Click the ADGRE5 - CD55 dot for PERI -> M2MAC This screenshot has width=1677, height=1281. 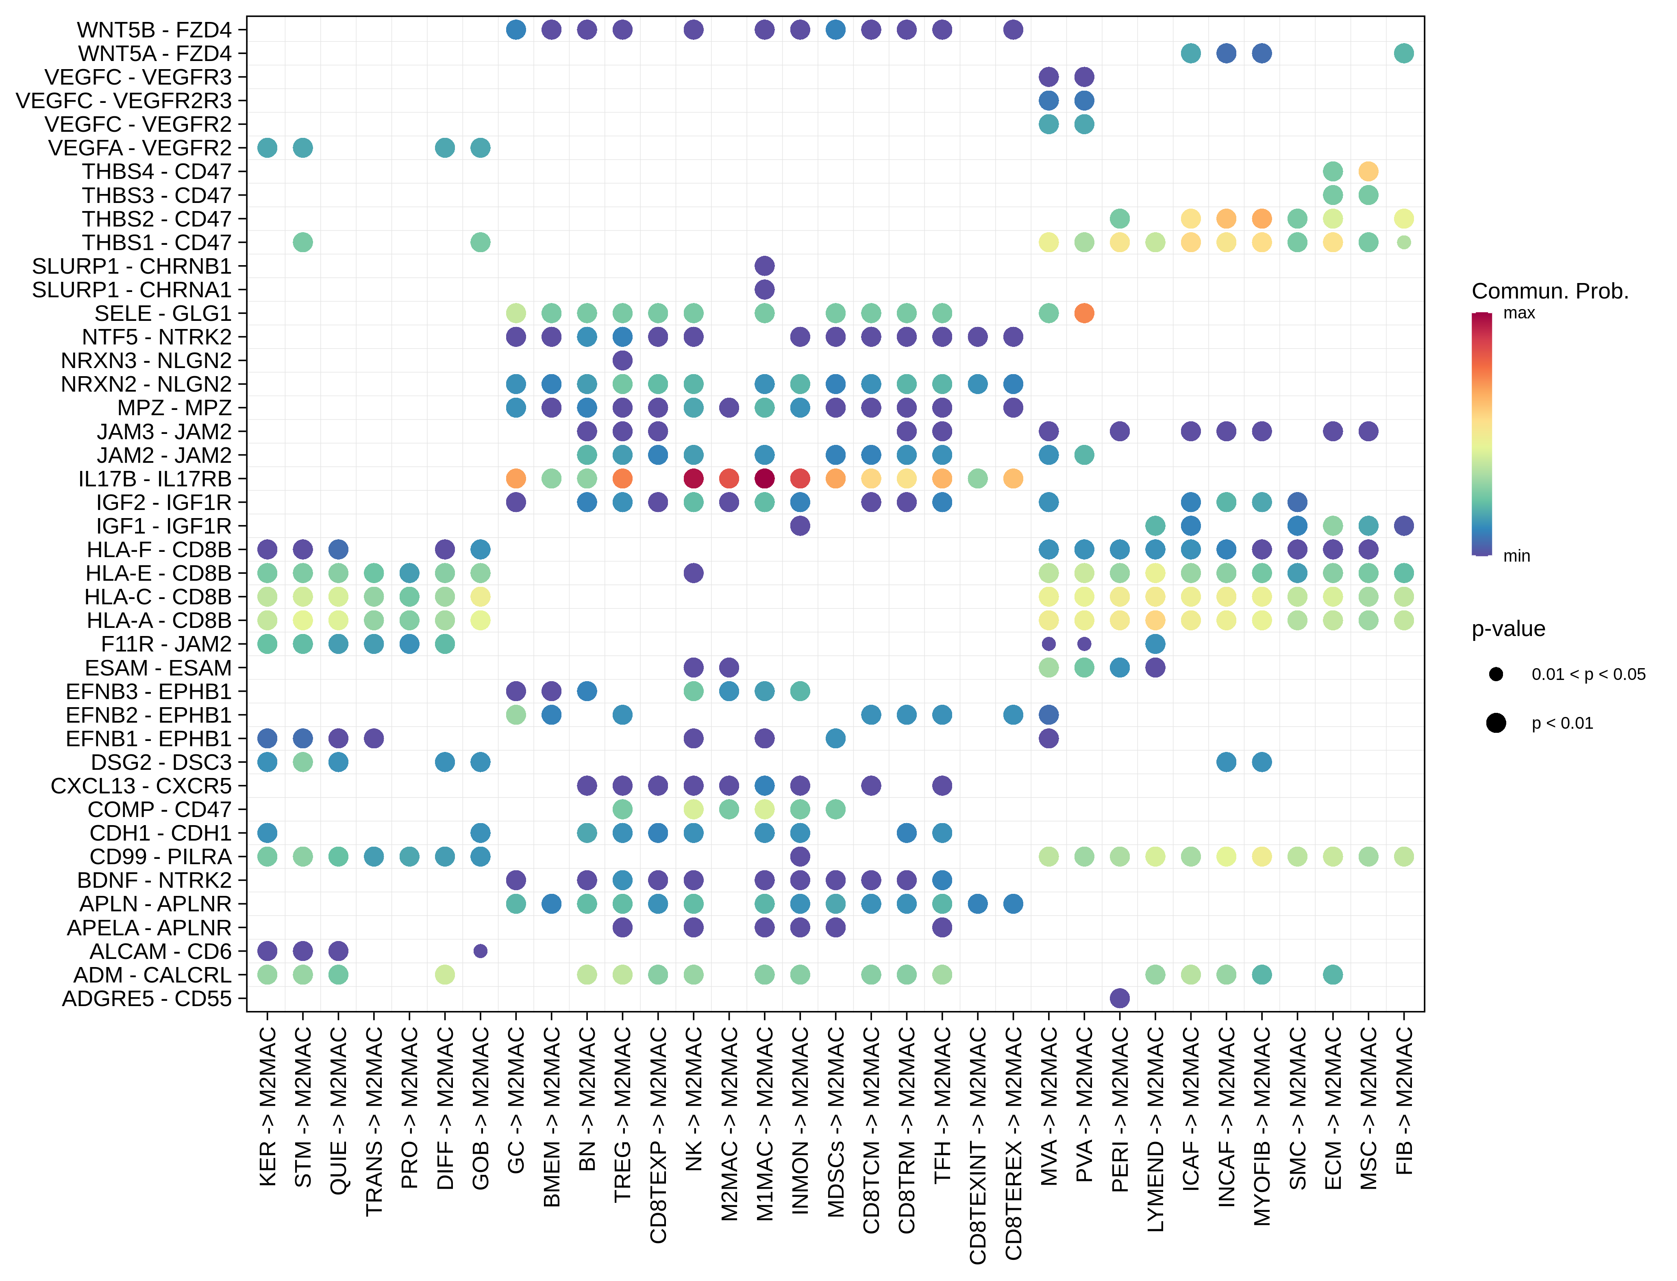pyautogui.click(x=1119, y=998)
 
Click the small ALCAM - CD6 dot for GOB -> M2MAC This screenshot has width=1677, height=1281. pyautogui.click(x=480, y=951)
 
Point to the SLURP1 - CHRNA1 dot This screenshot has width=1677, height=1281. pyautogui.click(x=765, y=289)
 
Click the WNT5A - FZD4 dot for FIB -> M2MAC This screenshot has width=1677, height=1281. pyautogui.click(x=1403, y=53)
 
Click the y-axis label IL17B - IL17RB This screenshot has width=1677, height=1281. pyautogui.click(x=155, y=479)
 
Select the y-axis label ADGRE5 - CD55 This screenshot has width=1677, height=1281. pyautogui.click(x=146, y=998)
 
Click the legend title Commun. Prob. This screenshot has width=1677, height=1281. pyautogui.click(x=1550, y=291)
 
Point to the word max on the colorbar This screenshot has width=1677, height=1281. pyautogui.click(x=1518, y=314)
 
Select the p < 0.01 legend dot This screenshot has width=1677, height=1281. pyautogui.click(x=1496, y=723)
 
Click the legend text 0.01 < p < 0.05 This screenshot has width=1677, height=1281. pyautogui.click(x=1588, y=674)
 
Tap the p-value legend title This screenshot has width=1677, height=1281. pyautogui.click(x=1508, y=629)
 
